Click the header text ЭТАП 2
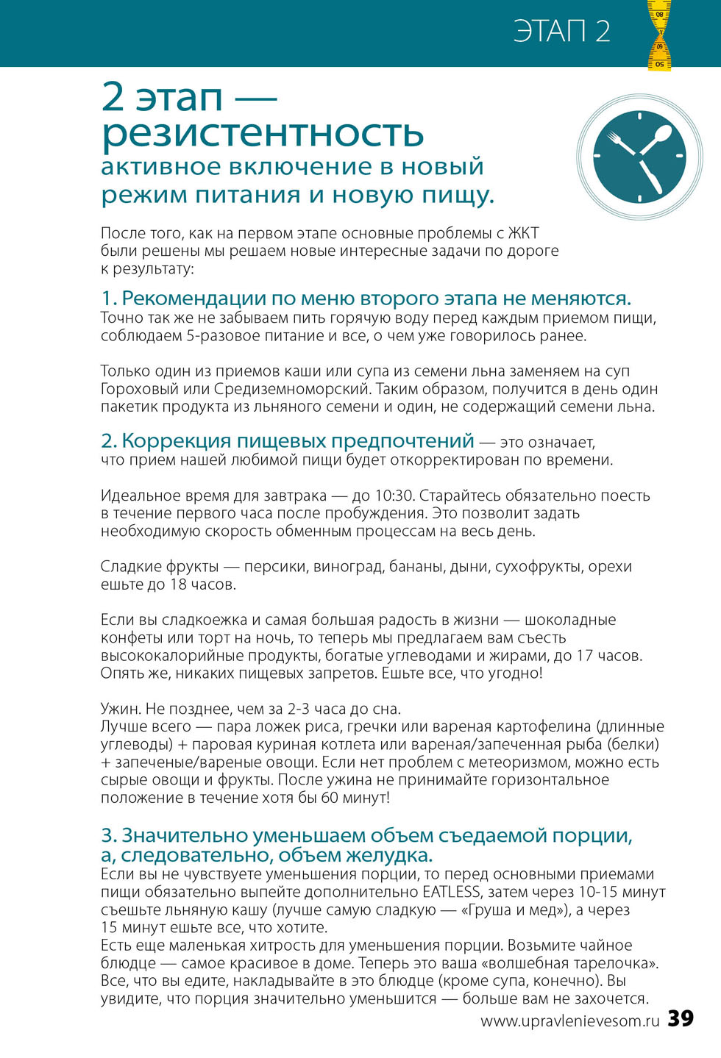(561, 32)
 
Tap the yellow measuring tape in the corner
(658, 35)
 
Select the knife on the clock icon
(650, 177)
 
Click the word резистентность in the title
(263, 133)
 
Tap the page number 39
(681, 1018)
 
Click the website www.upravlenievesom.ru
(570, 1021)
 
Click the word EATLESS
(451, 892)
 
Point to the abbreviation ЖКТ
(523, 233)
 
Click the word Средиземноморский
(295, 389)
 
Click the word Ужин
(121, 709)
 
